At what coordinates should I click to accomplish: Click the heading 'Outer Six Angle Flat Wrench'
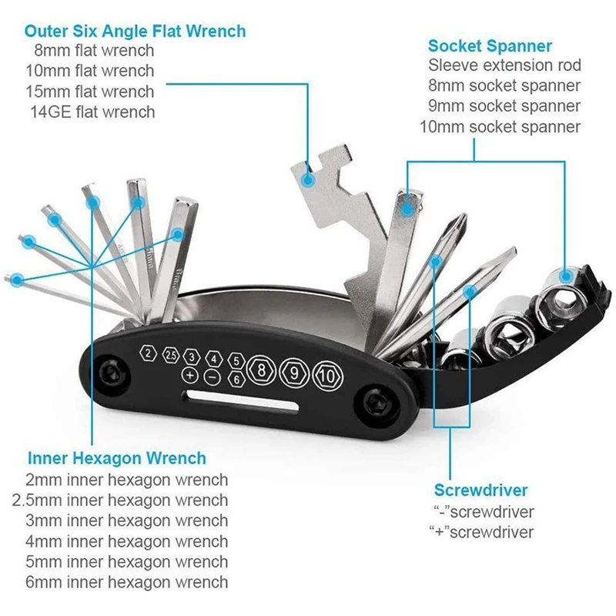(x=135, y=32)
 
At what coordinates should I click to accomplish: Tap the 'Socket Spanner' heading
(x=490, y=46)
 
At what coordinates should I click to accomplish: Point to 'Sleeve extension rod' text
(x=504, y=65)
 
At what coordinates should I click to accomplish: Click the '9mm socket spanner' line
(x=504, y=105)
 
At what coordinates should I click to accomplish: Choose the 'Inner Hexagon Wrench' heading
(x=116, y=458)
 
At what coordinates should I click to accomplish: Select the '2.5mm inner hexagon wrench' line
(x=121, y=500)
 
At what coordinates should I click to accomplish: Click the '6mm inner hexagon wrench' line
(x=127, y=582)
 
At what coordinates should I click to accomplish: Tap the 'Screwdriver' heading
(x=481, y=490)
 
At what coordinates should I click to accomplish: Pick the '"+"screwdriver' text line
(x=481, y=531)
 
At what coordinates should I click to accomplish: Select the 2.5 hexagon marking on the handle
(x=170, y=355)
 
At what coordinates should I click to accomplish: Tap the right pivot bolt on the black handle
(x=378, y=403)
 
